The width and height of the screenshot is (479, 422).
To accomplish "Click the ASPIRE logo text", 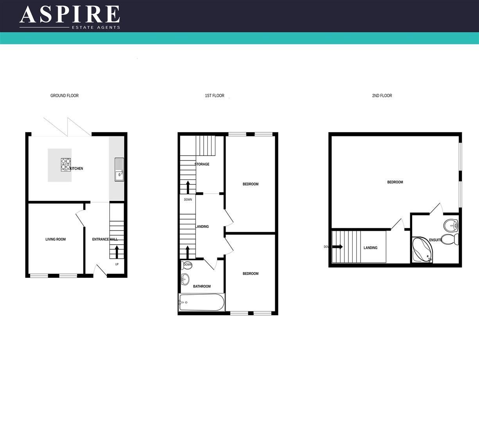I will click(70, 14).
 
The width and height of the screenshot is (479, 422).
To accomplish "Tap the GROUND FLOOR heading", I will click(65, 96).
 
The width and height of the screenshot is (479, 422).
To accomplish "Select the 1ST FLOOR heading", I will click(215, 96).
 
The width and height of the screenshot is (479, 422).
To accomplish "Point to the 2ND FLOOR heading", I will click(382, 96).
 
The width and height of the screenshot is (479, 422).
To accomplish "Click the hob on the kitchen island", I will click(66, 165).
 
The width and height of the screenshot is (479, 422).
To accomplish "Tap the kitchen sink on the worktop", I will click(119, 169).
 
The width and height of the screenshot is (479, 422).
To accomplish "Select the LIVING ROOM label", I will click(56, 240).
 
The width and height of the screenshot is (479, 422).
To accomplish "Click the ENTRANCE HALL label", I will click(104, 240).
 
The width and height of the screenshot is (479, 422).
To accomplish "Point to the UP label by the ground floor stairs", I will click(117, 265).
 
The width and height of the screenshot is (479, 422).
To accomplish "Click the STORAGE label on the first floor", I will click(202, 165).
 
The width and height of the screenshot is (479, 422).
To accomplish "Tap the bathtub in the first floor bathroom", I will click(202, 302).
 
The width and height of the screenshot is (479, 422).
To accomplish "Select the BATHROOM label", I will click(202, 286).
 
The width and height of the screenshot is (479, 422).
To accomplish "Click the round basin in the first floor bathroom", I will click(185, 279).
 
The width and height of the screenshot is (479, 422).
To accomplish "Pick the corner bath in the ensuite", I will click(422, 250).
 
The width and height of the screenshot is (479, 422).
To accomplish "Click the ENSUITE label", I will click(436, 240).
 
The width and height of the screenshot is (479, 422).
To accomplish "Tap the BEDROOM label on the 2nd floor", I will click(395, 182).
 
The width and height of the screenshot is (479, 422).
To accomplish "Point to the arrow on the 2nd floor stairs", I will click(337, 247).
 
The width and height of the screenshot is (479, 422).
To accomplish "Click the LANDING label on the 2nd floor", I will click(370, 248).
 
